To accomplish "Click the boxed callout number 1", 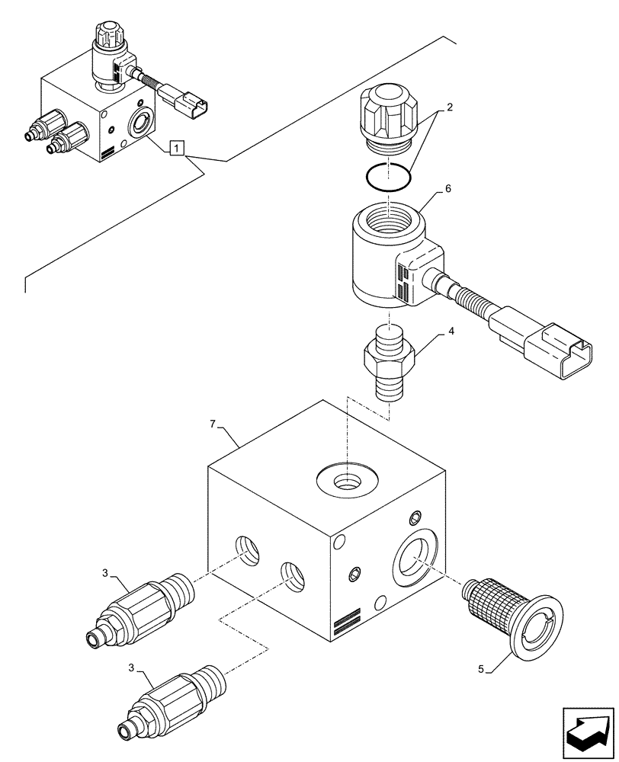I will (x=177, y=148).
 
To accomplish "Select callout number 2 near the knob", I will (x=450, y=107).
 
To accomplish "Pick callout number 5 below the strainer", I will (x=480, y=671).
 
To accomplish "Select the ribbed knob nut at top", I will (x=388, y=114).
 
